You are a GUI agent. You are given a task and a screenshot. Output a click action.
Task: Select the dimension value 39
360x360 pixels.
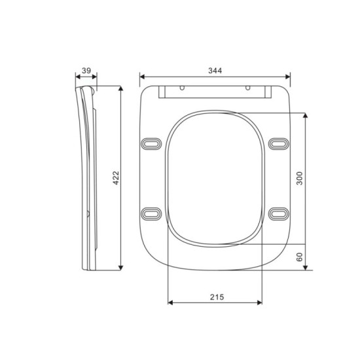pos(86,71)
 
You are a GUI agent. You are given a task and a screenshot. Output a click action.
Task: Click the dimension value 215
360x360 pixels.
pos(217,297)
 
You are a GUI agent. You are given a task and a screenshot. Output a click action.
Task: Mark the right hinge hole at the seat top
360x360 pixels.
pos(248,86)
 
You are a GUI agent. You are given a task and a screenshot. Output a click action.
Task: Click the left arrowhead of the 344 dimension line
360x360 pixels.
pos(142,77)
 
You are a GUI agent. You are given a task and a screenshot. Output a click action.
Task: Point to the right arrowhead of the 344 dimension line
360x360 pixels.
pos(289,77)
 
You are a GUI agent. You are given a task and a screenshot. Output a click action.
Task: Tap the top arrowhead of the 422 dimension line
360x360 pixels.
pos(121,88)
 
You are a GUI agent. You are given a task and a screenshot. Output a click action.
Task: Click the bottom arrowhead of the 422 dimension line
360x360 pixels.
pos(121,266)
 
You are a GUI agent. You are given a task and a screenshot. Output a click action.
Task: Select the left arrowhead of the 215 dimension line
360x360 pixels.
pos(171,303)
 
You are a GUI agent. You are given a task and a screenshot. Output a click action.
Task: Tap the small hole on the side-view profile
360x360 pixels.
pos(89,213)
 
